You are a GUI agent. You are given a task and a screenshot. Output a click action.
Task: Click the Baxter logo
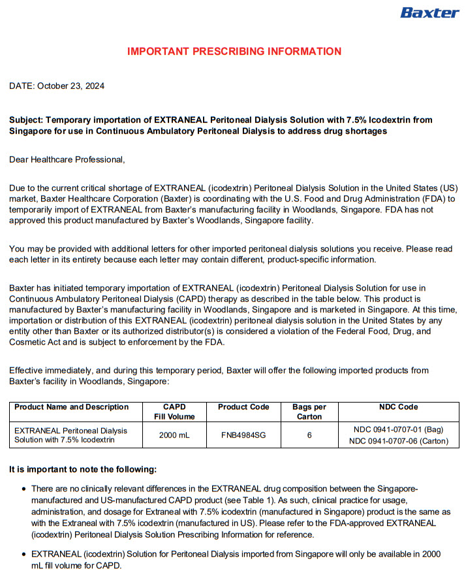(x=429, y=13)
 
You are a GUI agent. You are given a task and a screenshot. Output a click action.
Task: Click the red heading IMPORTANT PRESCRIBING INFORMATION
(x=234, y=52)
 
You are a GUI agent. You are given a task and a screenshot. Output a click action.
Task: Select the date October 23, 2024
(x=71, y=86)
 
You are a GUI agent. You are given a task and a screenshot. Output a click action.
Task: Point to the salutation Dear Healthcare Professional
(x=67, y=159)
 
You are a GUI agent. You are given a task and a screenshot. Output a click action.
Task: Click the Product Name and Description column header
(x=72, y=407)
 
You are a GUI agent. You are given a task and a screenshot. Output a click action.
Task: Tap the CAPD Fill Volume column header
(x=174, y=412)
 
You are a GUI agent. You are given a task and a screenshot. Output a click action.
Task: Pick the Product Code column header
(x=243, y=407)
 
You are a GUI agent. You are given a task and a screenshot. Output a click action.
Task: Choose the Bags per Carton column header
(x=309, y=412)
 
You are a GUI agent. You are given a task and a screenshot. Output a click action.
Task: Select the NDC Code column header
(x=398, y=407)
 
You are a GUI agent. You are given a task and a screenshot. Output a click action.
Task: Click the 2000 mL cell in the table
(x=174, y=435)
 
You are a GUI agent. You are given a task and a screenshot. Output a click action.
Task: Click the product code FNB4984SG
(x=243, y=435)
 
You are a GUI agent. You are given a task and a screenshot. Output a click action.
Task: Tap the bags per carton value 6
(x=309, y=435)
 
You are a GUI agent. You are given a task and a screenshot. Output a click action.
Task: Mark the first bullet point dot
(x=24, y=489)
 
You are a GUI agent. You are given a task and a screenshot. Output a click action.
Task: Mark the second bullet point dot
(x=24, y=554)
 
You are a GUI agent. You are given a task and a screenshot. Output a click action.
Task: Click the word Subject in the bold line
(x=26, y=120)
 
